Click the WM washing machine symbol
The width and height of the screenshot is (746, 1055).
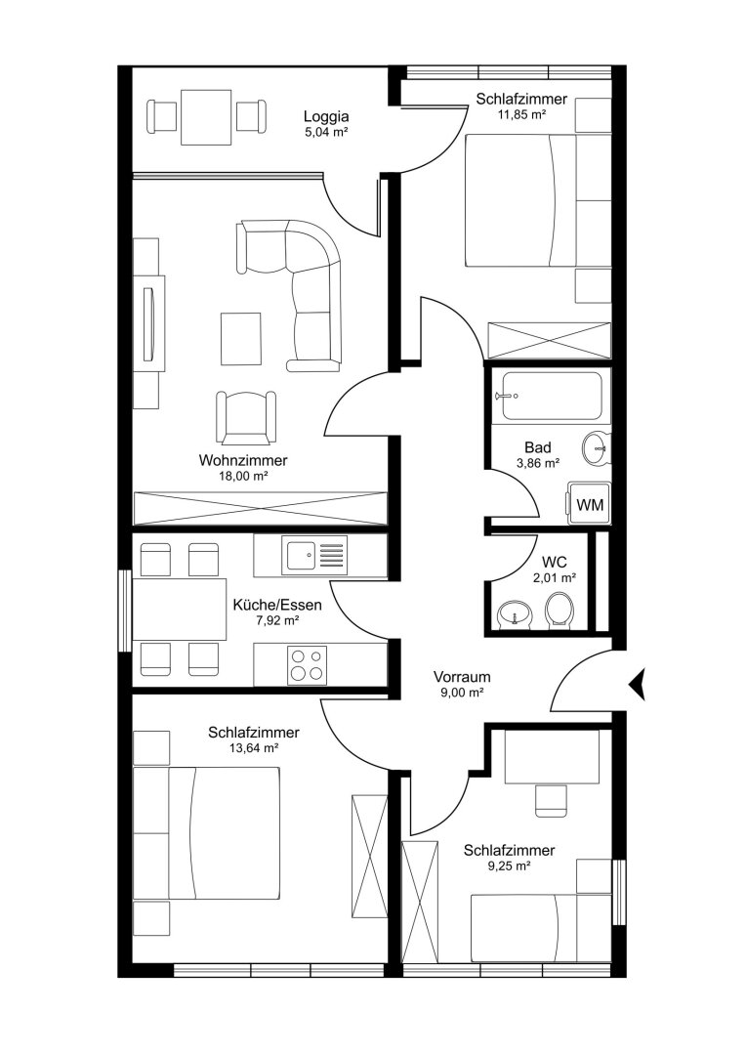[x=589, y=503]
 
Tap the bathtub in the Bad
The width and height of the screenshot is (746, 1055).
[x=552, y=397]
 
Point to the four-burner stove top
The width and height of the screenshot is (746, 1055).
[x=307, y=665]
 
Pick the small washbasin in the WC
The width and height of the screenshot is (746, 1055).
[x=515, y=613]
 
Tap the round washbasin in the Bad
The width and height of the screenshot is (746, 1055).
[x=596, y=447]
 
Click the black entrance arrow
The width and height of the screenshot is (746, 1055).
[x=637, y=684]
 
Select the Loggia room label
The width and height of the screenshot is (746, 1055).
[x=326, y=116]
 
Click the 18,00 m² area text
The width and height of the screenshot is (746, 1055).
[x=243, y=476]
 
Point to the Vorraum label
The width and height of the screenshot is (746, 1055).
[x=462, y=676]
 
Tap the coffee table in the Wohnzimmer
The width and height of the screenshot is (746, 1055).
[x=241, y=339]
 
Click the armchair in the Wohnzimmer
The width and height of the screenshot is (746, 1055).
[x=246, y=417]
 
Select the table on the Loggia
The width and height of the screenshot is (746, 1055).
[x=206, y=117]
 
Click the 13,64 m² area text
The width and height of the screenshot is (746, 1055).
[x=253, y=747]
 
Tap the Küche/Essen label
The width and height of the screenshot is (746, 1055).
[x=277, y=605]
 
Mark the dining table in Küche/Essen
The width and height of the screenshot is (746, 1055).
[x=180, y=609]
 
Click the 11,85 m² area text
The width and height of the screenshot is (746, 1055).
[x=521, y=114]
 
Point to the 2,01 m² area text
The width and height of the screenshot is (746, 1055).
[x=554, y=577]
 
